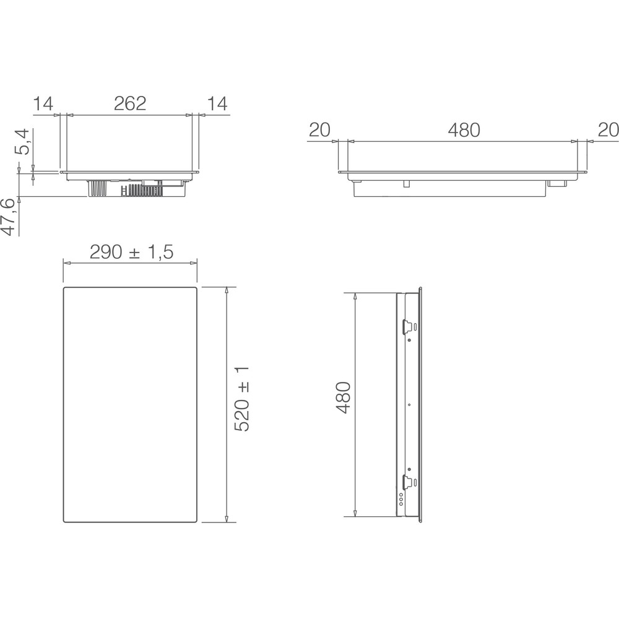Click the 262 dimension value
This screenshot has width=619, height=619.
click(130, 103)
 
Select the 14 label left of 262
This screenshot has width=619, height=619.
click(44, 103)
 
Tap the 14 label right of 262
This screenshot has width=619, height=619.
click(217, 103)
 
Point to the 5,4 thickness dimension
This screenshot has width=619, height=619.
click(22, 142)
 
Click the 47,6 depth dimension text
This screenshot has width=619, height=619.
click(8, 217)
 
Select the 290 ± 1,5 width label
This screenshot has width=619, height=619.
click(131, 252)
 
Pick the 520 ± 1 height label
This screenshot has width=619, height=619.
click(242, 398)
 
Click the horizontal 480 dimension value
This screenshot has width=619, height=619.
click(464, 130)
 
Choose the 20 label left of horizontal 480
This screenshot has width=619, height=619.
click(319, 130)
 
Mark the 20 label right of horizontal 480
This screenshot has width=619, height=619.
click(608, 130)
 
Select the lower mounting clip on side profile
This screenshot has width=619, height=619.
click(408, 481)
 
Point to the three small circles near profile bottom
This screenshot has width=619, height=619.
click(400, 499)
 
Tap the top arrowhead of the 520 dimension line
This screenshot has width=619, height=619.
click(227, 290)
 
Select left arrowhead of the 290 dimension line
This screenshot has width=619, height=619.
click(66, 263)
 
